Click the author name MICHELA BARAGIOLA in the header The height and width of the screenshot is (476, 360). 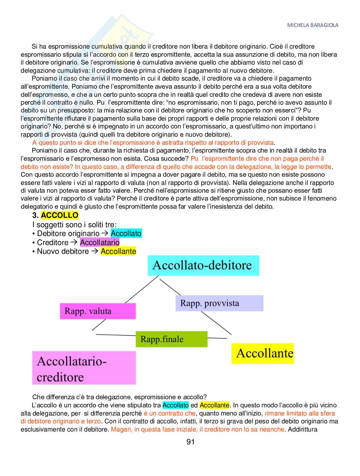point(313,25)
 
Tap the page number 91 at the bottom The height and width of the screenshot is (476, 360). point(191,442)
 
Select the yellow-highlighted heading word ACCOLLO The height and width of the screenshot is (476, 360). point(60,215)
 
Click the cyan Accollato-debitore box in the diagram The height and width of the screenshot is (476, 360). point(203,265)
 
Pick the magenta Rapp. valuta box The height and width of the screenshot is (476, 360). point(98,311)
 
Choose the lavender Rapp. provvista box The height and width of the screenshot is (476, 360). point(219,303)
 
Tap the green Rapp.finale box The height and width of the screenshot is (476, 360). point(172,339)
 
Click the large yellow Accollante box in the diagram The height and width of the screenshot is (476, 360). point(262,353)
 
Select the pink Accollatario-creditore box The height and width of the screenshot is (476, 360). point(84,368)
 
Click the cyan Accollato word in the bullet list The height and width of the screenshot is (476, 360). point(126,233)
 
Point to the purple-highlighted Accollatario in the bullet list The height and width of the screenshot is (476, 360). point(100,243)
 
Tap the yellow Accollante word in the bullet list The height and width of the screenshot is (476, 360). point(118,251)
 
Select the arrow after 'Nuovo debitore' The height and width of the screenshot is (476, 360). point(95,251)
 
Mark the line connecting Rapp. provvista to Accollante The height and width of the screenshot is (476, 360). point(216,323)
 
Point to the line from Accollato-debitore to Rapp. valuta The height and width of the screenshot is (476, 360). point(141,290)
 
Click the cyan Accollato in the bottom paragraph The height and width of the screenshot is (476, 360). point(176,405)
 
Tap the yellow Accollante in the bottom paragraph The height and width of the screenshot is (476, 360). point(214,405)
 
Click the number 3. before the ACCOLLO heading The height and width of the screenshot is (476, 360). point(35,215)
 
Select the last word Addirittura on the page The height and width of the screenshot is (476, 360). point(303,429)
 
